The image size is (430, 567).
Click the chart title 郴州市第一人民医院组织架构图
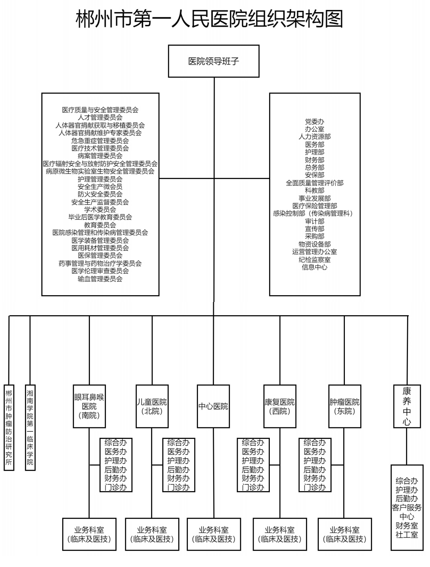pos(209,19)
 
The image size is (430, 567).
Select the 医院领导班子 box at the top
pos(214,61)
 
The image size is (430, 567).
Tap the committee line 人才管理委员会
pos(100,118)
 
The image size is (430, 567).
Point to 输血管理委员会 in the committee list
pos(100,279)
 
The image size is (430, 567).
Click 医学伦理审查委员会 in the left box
pos(100,271)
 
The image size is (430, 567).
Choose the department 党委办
pos(314,121)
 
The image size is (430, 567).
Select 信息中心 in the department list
pos(314,267)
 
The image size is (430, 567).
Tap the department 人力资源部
pos(314,137)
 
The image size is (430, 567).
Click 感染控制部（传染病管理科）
pos(314,213)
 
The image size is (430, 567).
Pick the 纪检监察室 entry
pos(314,259)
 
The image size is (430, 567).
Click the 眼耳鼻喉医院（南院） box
pos(89,406)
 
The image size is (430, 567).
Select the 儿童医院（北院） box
pos(152,406)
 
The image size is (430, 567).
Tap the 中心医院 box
pos(213,406)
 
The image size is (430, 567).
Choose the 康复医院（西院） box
pos(279,406)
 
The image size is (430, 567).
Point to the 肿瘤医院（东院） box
pos(344,406)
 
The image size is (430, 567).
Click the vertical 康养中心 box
pos(407,406)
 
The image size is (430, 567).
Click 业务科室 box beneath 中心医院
pos(214,534)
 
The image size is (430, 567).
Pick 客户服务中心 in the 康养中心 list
pos(407,512)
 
